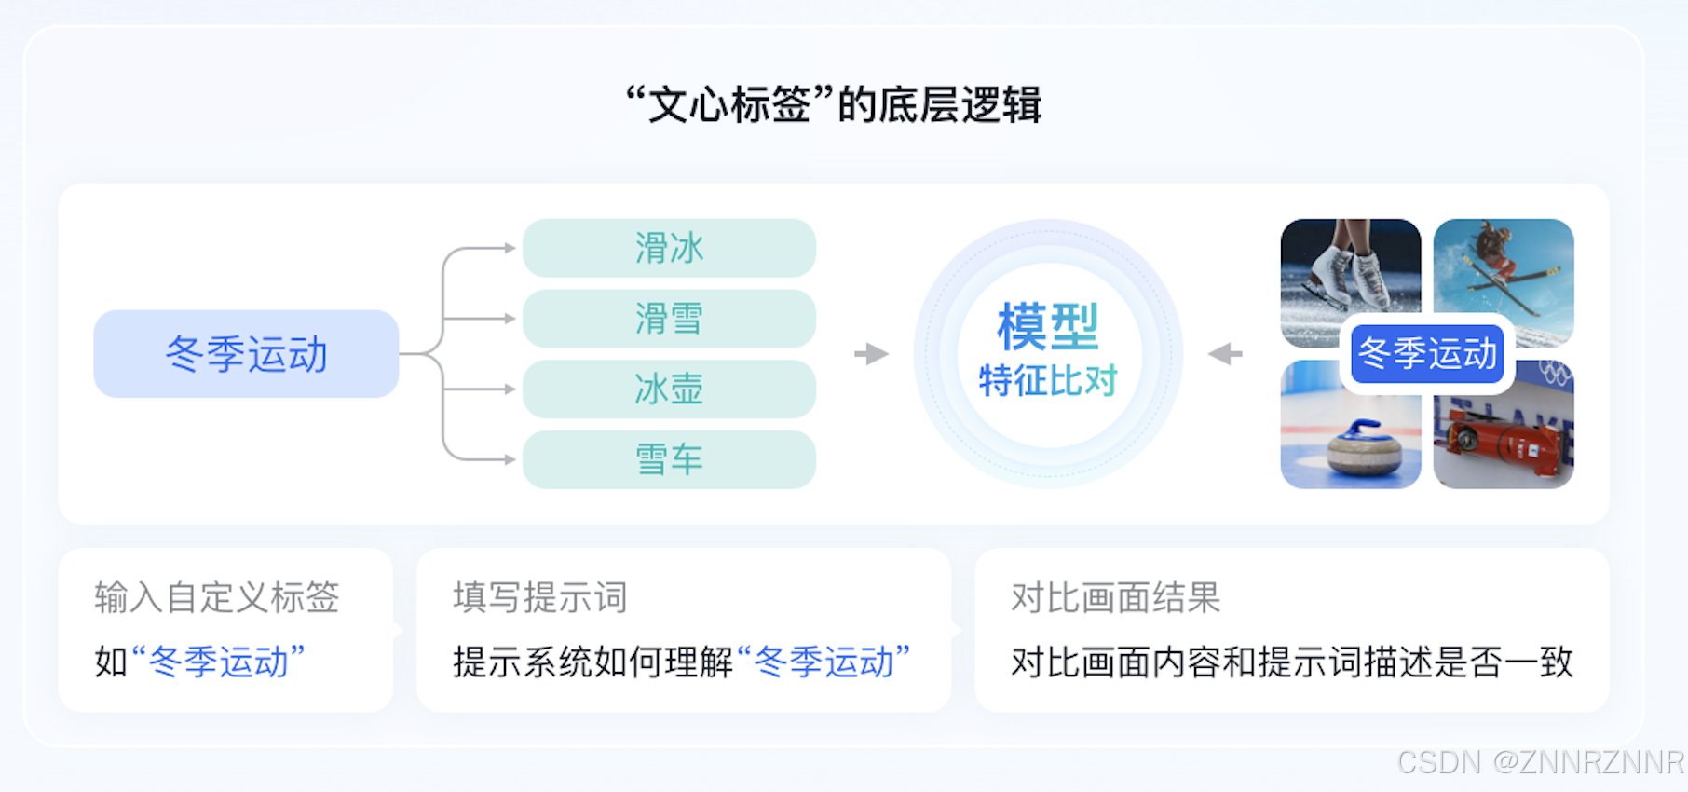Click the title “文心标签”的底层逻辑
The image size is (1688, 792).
click(x=834, y=104)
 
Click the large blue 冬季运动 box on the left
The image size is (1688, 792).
click(x=246, y=354)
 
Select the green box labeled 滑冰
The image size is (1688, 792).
click(x=669, y=248)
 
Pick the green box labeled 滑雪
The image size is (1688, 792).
click(x=669, y=319)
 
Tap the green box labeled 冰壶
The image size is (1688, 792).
click(x=669, y=389)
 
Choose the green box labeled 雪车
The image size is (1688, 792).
click(x=669, y=459)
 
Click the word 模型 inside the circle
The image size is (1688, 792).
click(x=1048, y=326)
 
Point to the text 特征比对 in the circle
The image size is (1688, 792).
click(x=1048, y=380)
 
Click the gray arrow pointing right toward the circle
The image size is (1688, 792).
click(x=872, y=354)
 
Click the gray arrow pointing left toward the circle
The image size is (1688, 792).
click(x=1225, y=354)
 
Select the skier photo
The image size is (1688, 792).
click(x=1504, y=270)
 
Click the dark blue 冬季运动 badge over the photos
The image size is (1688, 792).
click(x=1427, y=354)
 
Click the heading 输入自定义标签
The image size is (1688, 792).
click(x=217, y=597)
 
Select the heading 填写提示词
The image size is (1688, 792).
click(x=540, y=597)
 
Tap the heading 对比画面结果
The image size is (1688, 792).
click(x=1115, y=597)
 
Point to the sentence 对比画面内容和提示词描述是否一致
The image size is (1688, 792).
click(x=1292, y=662)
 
